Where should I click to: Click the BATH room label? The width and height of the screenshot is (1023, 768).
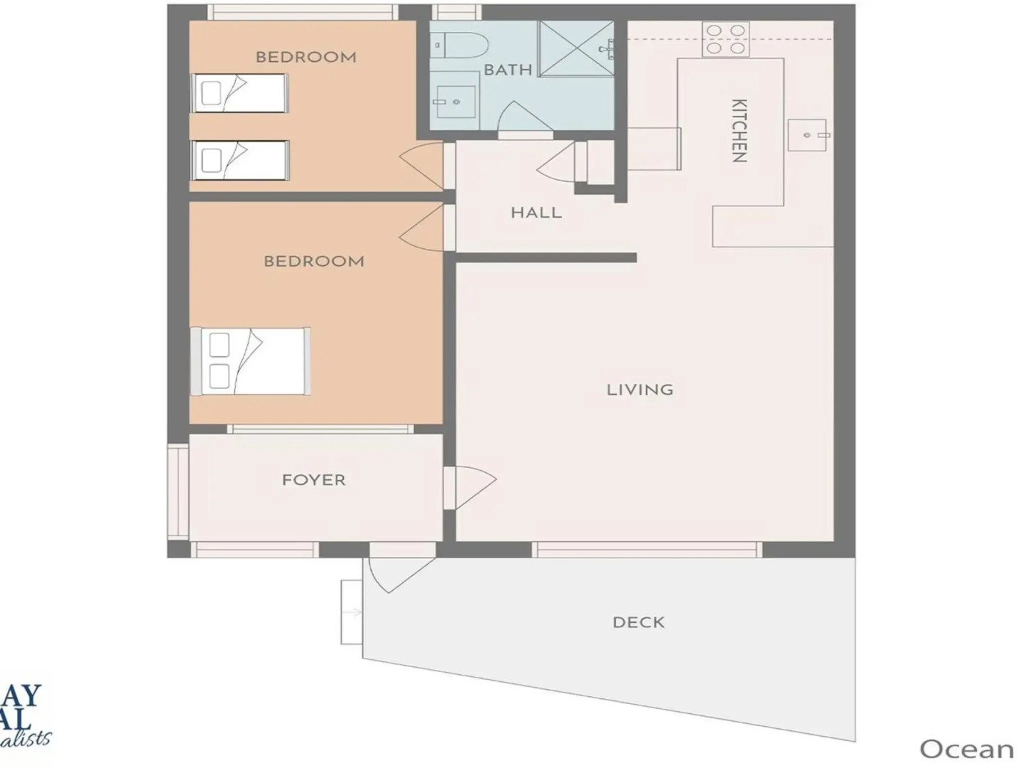(x=507, y=70)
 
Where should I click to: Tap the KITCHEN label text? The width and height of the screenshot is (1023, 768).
(x=739, y=131)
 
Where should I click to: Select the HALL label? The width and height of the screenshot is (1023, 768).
(x=536, y=213)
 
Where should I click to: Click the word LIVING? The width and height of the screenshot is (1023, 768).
(x=639, y=390)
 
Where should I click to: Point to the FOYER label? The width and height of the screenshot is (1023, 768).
(x=313, y=480)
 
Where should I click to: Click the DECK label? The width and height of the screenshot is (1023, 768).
(x=638, y=622)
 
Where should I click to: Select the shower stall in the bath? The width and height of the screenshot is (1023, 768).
(x=576, y=48)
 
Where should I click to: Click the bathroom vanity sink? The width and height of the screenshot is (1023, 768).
(x=455, y=101)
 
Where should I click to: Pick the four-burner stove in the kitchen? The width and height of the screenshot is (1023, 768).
(x=725, y=39)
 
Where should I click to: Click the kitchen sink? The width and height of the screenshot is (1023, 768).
(x=807, y=135)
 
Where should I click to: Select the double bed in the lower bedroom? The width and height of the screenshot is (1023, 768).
(x=250, y=361)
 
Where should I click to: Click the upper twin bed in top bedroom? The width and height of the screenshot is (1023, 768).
(x=239, y=93)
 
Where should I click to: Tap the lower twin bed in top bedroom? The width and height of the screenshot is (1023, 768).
(x=239, y=160)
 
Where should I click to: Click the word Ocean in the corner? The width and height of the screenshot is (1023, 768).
(x=966, y=749)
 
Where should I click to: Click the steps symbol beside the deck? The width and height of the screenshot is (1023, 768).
(x=352, y=612)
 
